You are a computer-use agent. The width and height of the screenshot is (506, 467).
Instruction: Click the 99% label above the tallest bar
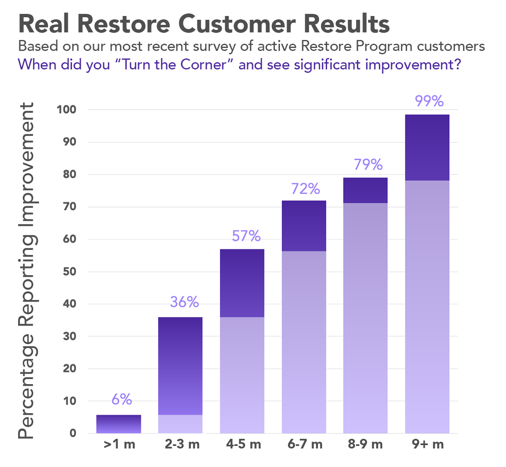[429, 101]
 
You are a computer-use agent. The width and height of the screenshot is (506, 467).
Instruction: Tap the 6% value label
[122, 399]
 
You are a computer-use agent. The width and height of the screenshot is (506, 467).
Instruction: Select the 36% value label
[184, 302]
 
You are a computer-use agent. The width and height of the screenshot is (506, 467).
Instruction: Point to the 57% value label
[246, 236]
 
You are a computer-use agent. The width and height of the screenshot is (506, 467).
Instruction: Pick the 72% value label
[306, 189]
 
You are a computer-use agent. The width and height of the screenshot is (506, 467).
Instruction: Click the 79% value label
[368, 165]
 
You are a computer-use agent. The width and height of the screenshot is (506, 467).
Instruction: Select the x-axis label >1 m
[119, 444]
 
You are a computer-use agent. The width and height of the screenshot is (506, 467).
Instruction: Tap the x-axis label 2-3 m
[182, 444]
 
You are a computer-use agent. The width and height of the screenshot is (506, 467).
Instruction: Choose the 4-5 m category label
[243, 444]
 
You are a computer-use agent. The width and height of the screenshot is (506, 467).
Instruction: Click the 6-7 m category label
[305, 444]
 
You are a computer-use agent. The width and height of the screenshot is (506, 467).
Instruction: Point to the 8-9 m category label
[365, 444]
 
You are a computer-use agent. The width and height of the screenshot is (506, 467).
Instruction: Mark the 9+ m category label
[428, 444]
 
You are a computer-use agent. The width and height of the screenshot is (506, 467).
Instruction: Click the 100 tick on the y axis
[67, 110]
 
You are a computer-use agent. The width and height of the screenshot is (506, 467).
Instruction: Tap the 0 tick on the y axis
[73, 433]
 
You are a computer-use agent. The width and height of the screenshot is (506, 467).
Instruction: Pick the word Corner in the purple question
[203, 65]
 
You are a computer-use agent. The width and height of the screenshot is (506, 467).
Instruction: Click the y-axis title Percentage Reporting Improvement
[26, 271]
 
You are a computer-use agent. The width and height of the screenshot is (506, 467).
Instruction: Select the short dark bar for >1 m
[119, 424]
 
